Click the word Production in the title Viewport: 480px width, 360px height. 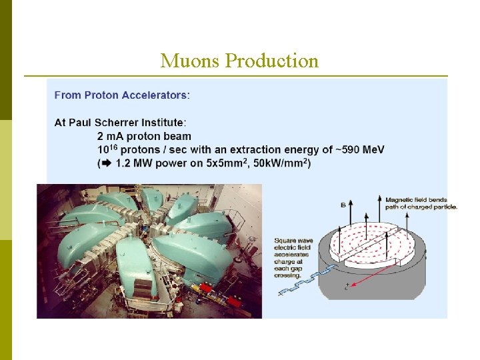272,61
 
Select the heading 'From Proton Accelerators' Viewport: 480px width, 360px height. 121,95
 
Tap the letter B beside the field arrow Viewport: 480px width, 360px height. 343,205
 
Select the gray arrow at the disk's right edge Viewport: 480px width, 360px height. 425,255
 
